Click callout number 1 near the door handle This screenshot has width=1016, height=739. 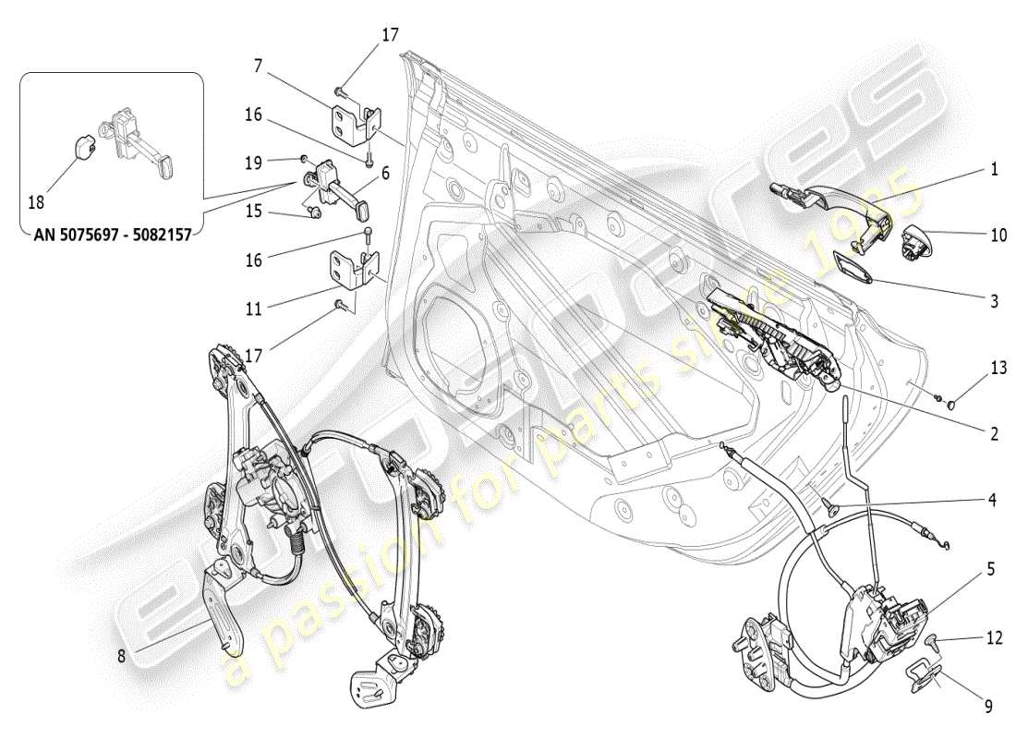[995, 170]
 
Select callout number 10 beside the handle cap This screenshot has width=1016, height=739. [998, 236]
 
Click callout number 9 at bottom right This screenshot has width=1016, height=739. [987, 707]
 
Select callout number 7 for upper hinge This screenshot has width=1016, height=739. [260, 67]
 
